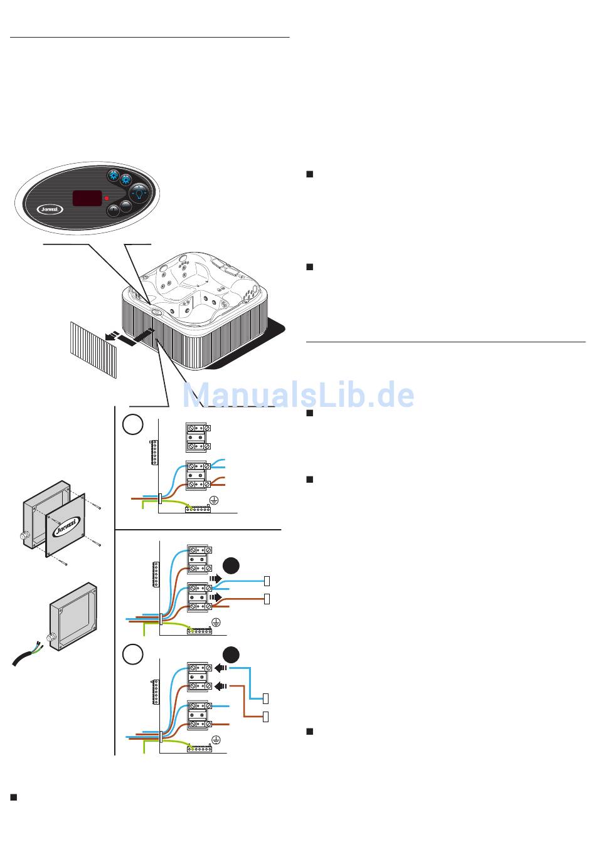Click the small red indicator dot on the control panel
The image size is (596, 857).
pos(107,198)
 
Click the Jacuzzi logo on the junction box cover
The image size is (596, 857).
pos(65,527)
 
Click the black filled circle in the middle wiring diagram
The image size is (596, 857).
pos(231,565)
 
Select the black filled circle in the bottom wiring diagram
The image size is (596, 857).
pos(231,655)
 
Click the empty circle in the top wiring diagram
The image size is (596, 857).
pos(132,424)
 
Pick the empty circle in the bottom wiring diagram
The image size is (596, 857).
pos(132,655)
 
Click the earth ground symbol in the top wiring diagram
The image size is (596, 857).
pos(213,499)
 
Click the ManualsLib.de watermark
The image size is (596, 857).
pos(298,396)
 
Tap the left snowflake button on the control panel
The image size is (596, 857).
pos(113,176)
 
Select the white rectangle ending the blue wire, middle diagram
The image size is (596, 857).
pos(267,581)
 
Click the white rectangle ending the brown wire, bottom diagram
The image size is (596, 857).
pos(266,717)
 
